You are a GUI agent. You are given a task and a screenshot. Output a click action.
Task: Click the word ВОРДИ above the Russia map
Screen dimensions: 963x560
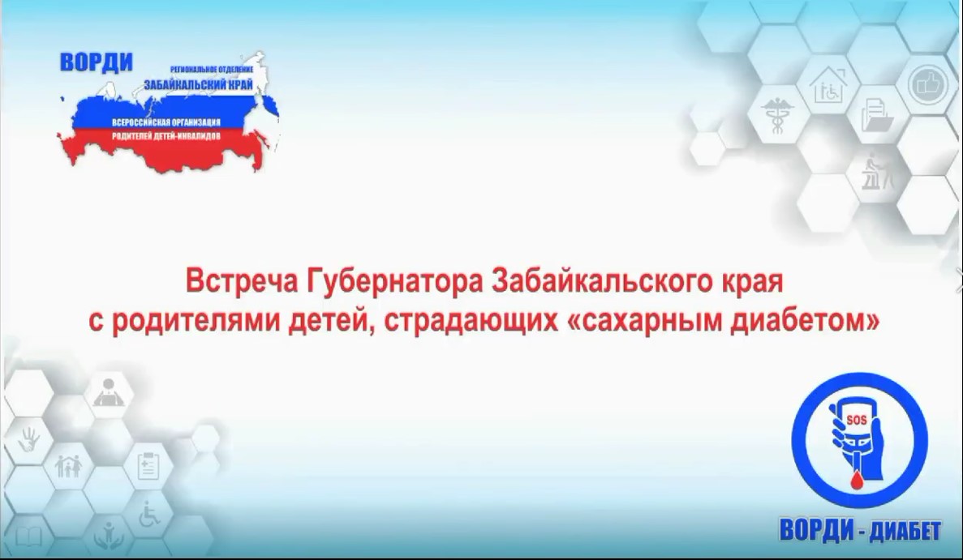pyautogui.click(x=97, y=62)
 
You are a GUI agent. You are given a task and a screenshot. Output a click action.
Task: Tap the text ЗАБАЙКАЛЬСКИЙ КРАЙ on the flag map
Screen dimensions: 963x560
pyautogui.click(x=199, y=84)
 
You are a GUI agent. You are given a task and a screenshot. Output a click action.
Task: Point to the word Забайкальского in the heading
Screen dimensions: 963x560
pyautogui.click(x=597, y=282)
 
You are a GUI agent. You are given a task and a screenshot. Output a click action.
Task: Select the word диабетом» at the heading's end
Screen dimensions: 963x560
pyautogui.click(x=805, y=321)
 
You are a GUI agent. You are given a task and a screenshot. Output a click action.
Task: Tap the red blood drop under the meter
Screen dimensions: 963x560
pyautogui.click(x=856, y=481)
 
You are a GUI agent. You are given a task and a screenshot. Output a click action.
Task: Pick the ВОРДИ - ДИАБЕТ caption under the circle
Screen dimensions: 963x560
pyautogui.click(x=860, y=530)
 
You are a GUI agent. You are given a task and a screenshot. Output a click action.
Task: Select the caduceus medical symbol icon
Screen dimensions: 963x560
pyautogui.click(x=777, y=115)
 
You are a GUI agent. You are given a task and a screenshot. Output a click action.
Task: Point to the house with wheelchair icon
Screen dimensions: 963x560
pyautogui.click(x=828, y=85)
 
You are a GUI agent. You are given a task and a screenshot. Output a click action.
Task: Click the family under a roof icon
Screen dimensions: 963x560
pyautogui.click(x=69, y=467)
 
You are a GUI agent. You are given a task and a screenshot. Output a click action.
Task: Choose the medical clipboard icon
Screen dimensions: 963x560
pyautogui.click(x=148, y=465)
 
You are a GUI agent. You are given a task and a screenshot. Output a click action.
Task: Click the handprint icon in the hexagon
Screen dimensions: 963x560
pyautogui.click(x=28, y=438)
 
